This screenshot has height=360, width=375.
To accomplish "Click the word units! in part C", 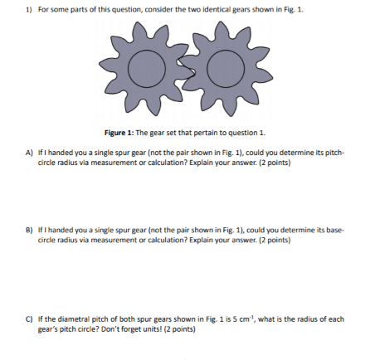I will [155, 328].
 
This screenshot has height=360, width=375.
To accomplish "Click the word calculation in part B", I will [152, 240].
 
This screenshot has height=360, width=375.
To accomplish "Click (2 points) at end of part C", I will [181, 328].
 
